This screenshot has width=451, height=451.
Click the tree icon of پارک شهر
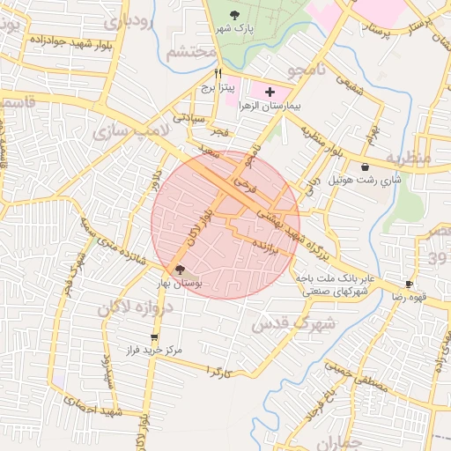click(x=234, y=14)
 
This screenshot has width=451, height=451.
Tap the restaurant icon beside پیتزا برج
click(x=218, y=75)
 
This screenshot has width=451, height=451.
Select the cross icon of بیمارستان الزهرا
click(x=270, y=92)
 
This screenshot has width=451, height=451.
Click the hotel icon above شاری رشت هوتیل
click(x=365, y=166)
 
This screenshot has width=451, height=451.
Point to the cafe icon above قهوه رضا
click(x=409, y=284)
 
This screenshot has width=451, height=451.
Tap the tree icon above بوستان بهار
click(x=181, y=270)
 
